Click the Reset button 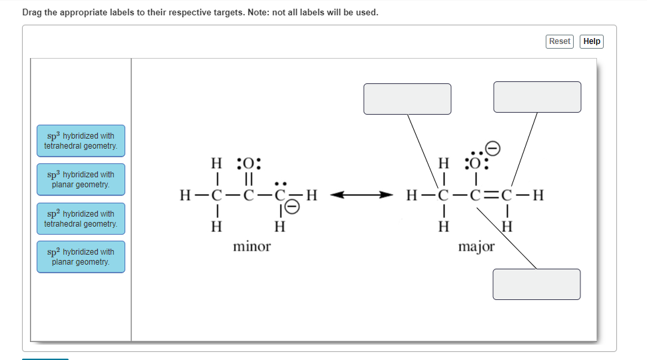coord(559,41)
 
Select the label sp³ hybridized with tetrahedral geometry coord(81,141)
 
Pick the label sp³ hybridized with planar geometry coord(81,179)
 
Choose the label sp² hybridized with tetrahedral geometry coord(81,219)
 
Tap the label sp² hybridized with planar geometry coord(81,257)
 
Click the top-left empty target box coord(407,99)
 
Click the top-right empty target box coord(537,97)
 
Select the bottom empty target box coord(536,284)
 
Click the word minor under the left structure coord(252,247)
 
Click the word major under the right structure coord(476,247)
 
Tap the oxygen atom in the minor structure coord(249,163)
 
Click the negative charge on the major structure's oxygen coord(492,148)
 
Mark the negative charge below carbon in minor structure coord(291,209)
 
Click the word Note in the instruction coord(284,12)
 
